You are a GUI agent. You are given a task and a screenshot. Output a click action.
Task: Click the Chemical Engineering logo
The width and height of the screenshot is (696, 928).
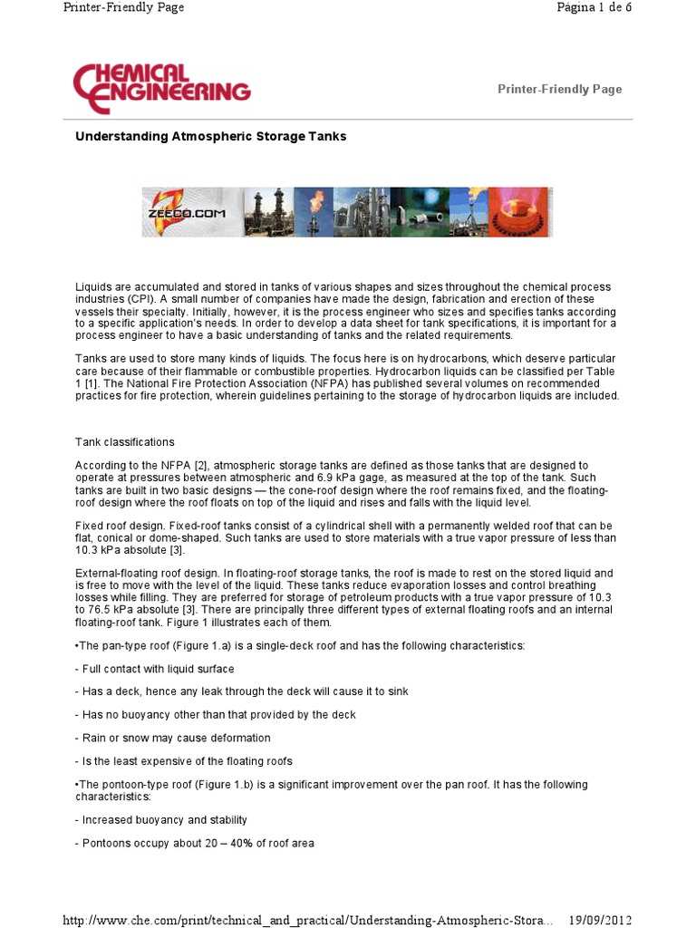[161, 88]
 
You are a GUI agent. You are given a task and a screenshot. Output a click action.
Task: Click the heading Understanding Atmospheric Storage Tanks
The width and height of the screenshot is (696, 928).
[210, 136]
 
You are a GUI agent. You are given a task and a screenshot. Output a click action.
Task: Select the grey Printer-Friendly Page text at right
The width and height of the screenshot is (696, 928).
[559, 89]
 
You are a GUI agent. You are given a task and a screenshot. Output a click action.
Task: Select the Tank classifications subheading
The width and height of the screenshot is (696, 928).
[124, 442]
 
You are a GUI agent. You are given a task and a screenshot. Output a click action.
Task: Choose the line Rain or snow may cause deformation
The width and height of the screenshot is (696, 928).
[172, 738]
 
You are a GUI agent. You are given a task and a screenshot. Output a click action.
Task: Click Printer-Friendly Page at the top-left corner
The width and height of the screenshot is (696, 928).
[123, 7]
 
